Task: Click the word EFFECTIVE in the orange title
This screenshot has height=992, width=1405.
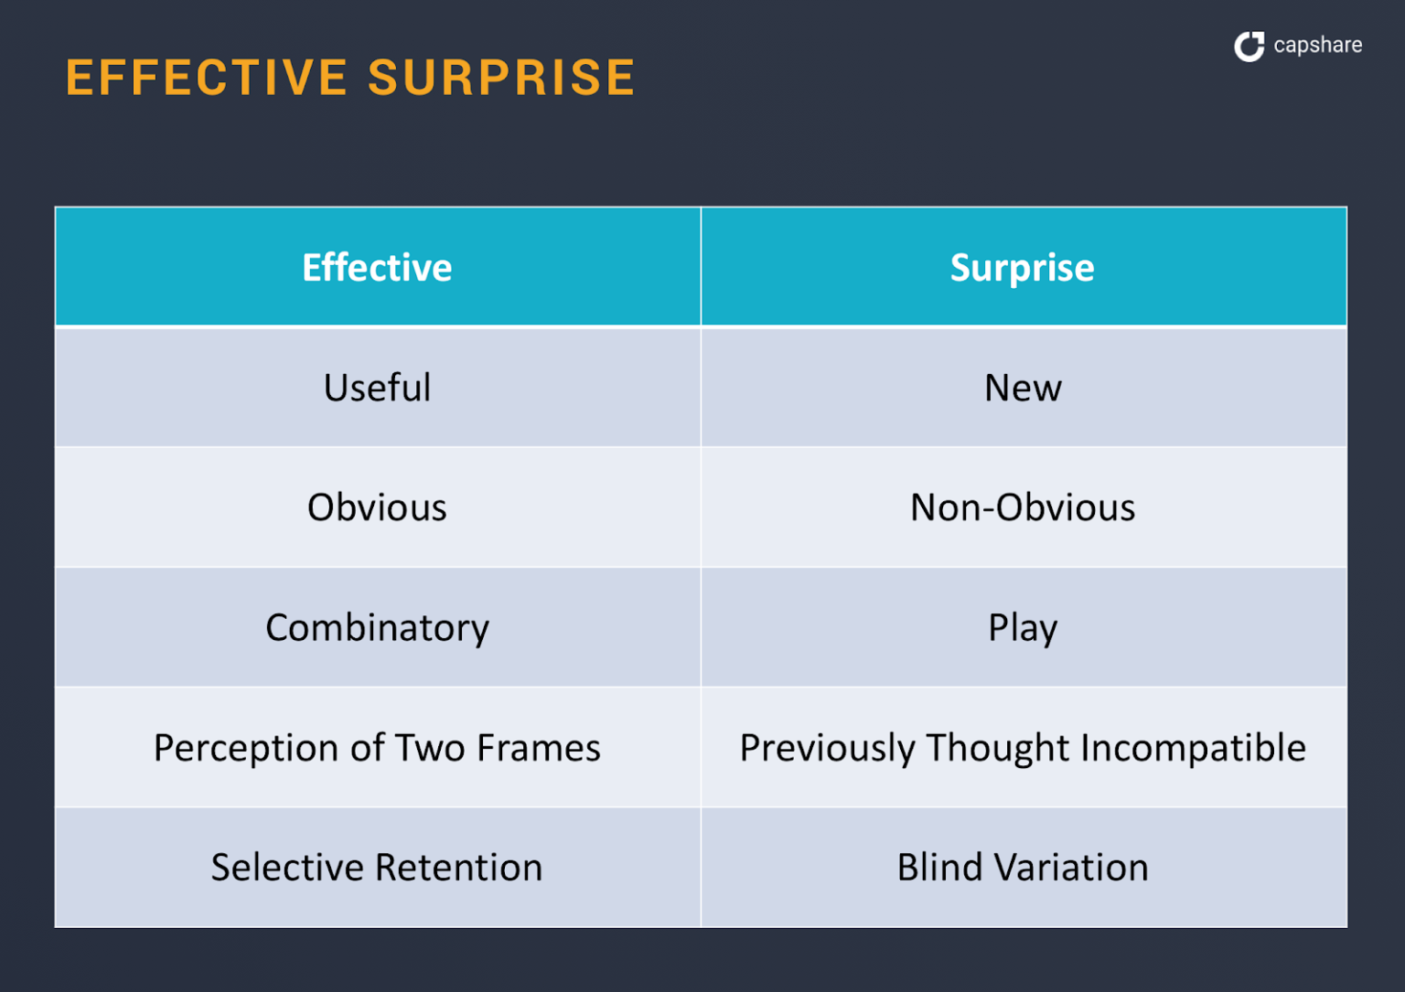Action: pos(207,78)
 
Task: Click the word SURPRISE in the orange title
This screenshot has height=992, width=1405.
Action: pos(501,78)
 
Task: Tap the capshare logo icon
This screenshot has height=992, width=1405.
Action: pos(1249,46)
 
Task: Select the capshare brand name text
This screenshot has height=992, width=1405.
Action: pos(1317,45)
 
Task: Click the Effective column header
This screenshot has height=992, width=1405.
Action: pos(377,268)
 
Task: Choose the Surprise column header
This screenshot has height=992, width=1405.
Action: pos(1022,268)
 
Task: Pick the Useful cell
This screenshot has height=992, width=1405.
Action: pos(377,388)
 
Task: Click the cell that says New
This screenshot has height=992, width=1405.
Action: pos(1023,388)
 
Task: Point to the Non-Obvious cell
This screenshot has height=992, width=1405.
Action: pos(1023,507)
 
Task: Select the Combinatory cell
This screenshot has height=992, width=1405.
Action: pos(377,628)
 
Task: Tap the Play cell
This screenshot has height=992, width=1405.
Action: pos(1023,628)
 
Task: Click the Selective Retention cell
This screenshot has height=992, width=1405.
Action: pos(377,868)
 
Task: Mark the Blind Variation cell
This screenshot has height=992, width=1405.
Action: pos(1023,868)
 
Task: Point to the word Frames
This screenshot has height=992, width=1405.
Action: pos(539,748)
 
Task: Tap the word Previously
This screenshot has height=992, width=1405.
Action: pos(827,748)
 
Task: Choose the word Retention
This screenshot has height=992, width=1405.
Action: pos(459,868)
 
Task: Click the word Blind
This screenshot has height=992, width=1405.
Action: pos(939,868)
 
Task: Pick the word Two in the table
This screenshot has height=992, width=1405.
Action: pos(431,748)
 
